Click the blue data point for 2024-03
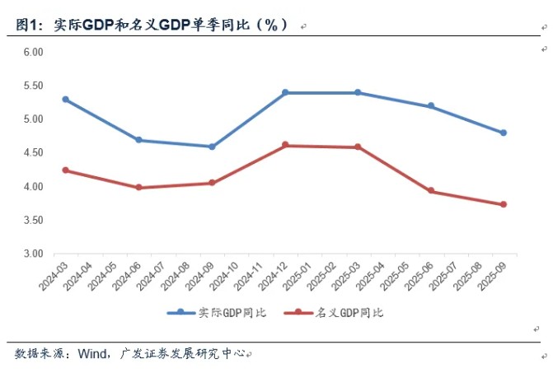[x=66, y=99]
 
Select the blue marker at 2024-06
[x=139, y=140]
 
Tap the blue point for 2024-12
[x=285, y=92]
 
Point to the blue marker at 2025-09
[x=504, y=133]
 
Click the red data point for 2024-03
[x=66, y=170]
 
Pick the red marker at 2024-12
[x=285, y=145]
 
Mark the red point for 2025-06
[x=431, y=191]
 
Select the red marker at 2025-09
[x=504, y=204]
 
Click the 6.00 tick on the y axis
[x=33, y=52]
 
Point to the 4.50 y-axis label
[x=33, y=153]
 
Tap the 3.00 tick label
[x=33, y=254]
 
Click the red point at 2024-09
[x=212, y=183]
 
